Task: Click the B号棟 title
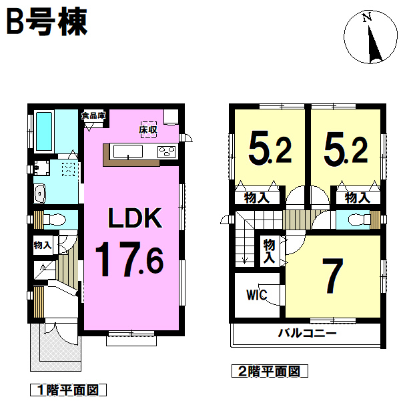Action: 47,22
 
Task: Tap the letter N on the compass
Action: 367,17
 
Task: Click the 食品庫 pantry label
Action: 93,115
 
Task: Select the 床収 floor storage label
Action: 148,129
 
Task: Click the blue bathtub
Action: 43,131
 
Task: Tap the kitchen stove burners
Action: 167,152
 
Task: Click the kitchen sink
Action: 128,151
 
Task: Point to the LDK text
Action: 135,218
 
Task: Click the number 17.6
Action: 129,260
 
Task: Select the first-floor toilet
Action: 54,220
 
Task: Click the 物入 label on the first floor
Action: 43,245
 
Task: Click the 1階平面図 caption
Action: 68,390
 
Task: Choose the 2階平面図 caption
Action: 270,372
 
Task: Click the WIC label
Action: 256,295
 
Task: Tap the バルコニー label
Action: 307,333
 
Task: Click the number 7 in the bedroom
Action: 333,276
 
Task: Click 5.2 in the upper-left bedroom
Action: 270,150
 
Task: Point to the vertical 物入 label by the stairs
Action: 269,252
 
